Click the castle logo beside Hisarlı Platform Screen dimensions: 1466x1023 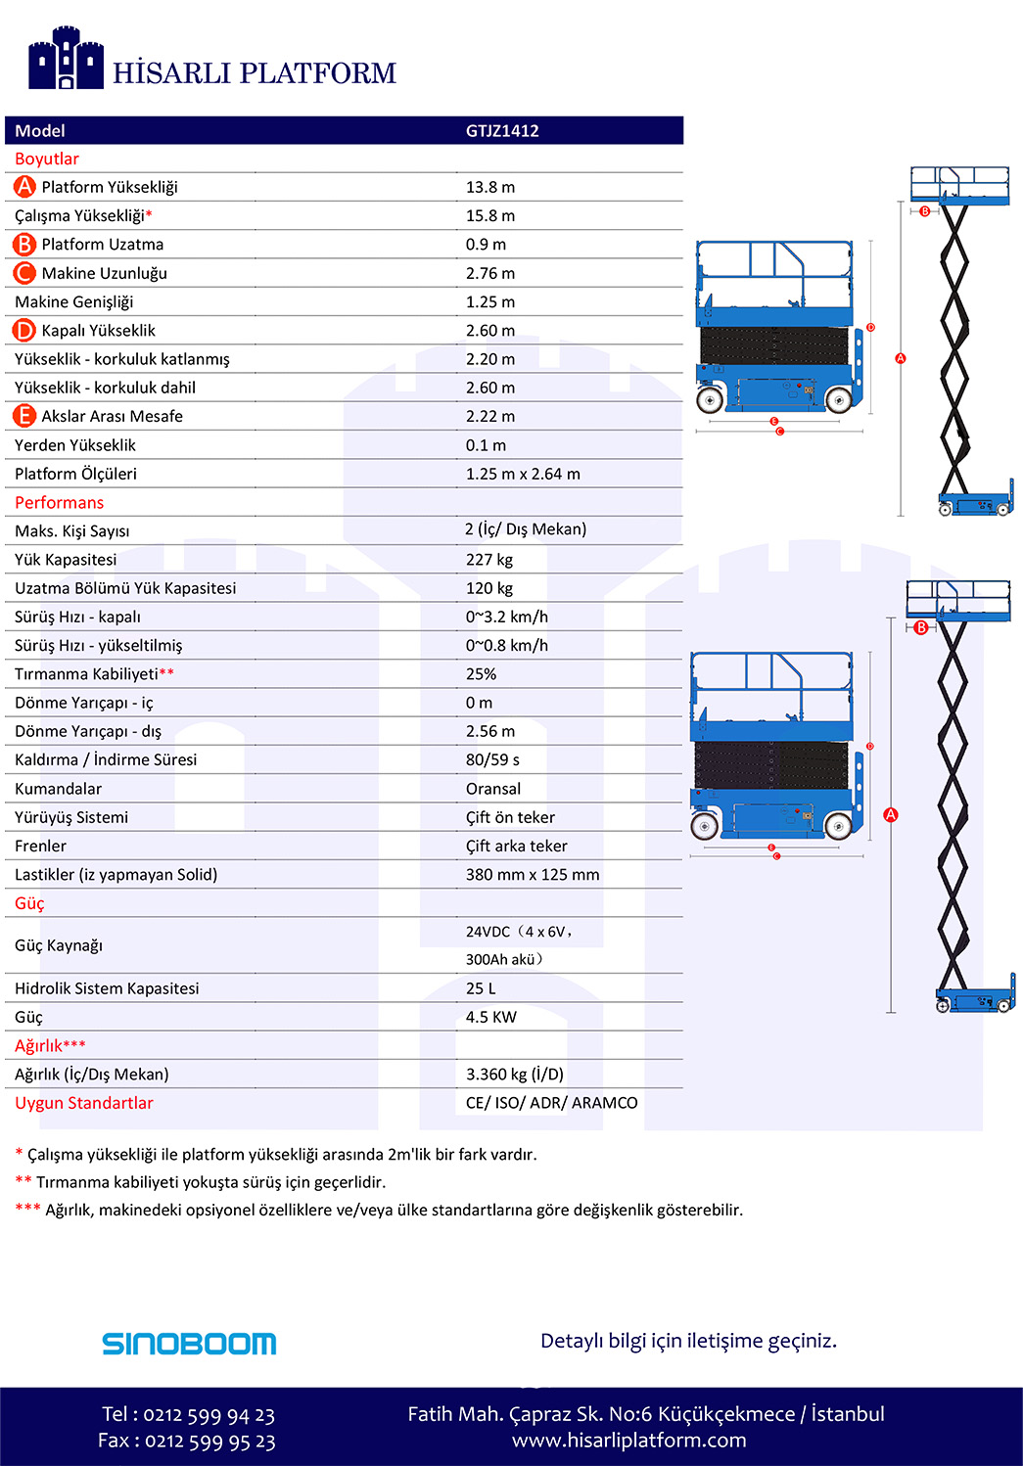(66, 59)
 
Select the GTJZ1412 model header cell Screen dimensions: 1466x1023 (502, 131)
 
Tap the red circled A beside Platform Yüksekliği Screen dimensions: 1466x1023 (24, 187)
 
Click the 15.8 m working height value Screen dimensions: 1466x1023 (490, 216)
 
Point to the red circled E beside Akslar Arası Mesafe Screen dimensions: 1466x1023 (23, 416)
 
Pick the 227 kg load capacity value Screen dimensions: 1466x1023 (489, 560)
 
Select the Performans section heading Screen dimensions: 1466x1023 (59, 503)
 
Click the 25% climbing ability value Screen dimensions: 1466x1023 (481, 674)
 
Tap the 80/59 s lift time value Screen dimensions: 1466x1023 (492, 759)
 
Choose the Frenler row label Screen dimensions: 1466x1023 (41, 846)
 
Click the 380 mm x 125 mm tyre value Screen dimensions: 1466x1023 (533, 875)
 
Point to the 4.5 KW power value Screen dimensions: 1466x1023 (490, 1018)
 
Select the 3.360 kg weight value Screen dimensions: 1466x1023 (514, 1075)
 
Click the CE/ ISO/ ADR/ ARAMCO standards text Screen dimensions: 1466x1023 (551, 1103)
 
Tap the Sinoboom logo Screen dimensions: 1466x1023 (189, 1344)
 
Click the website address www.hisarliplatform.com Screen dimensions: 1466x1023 (628, 1441)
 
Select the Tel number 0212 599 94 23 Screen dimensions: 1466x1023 (209, 1415)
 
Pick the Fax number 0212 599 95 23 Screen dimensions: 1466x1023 (209, 1442)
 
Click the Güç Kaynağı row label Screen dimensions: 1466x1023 (59, 945)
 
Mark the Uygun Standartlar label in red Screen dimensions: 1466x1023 (84, 1103)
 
